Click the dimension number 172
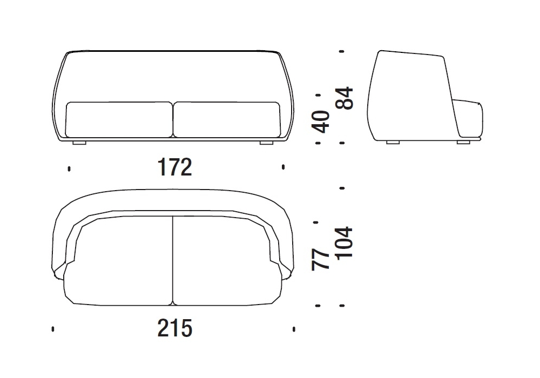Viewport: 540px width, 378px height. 174,167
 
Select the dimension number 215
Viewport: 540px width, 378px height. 174,328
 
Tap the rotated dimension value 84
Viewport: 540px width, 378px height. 344,98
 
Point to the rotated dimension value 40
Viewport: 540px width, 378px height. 320,122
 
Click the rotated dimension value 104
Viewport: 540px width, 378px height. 344,242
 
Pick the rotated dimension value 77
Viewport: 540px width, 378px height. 320,260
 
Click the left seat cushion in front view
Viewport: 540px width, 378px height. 119,119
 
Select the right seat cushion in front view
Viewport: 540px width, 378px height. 227,119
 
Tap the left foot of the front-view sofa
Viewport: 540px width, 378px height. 79,142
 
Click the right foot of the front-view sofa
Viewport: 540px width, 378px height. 266,142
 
